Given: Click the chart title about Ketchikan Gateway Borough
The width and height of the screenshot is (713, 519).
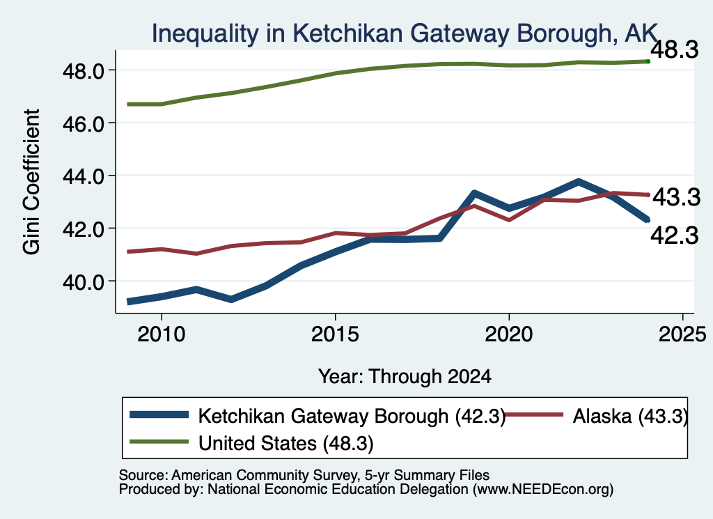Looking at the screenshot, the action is tap(405, 33).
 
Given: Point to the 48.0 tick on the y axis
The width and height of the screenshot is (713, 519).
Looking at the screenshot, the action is tap(84, 71).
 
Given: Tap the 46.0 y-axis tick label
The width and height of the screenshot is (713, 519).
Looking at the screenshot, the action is tap(84, 124).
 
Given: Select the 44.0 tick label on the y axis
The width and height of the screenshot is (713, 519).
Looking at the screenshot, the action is tap(84, 176).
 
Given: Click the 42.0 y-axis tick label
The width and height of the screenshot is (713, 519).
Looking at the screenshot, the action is tap(84, 228).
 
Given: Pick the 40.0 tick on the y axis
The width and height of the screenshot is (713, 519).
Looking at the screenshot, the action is tap(84, 281).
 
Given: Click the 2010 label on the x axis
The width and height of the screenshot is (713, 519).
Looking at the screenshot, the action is tap(161, 335).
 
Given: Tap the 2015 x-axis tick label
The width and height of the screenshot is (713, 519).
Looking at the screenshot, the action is tap(335, 335).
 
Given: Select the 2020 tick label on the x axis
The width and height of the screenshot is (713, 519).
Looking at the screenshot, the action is tap(509, 335).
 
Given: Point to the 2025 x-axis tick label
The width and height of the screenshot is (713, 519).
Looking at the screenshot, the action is tap(682, 335).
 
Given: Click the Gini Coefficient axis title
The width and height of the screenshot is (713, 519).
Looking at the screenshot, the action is tap(31, 182).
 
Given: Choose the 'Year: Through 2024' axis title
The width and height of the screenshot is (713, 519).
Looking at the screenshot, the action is tap(405, 377).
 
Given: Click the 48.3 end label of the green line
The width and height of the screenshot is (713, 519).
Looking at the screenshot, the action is tap(674, 49).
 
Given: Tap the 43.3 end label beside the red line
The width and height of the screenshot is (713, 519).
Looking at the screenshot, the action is tap(677, 197).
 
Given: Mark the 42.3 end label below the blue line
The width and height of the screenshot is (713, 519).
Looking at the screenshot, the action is tap(674, 235).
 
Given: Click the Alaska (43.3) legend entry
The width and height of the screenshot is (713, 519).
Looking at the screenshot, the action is tap(630, 416).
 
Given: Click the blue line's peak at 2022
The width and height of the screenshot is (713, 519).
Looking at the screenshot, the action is tap(579, 182).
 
